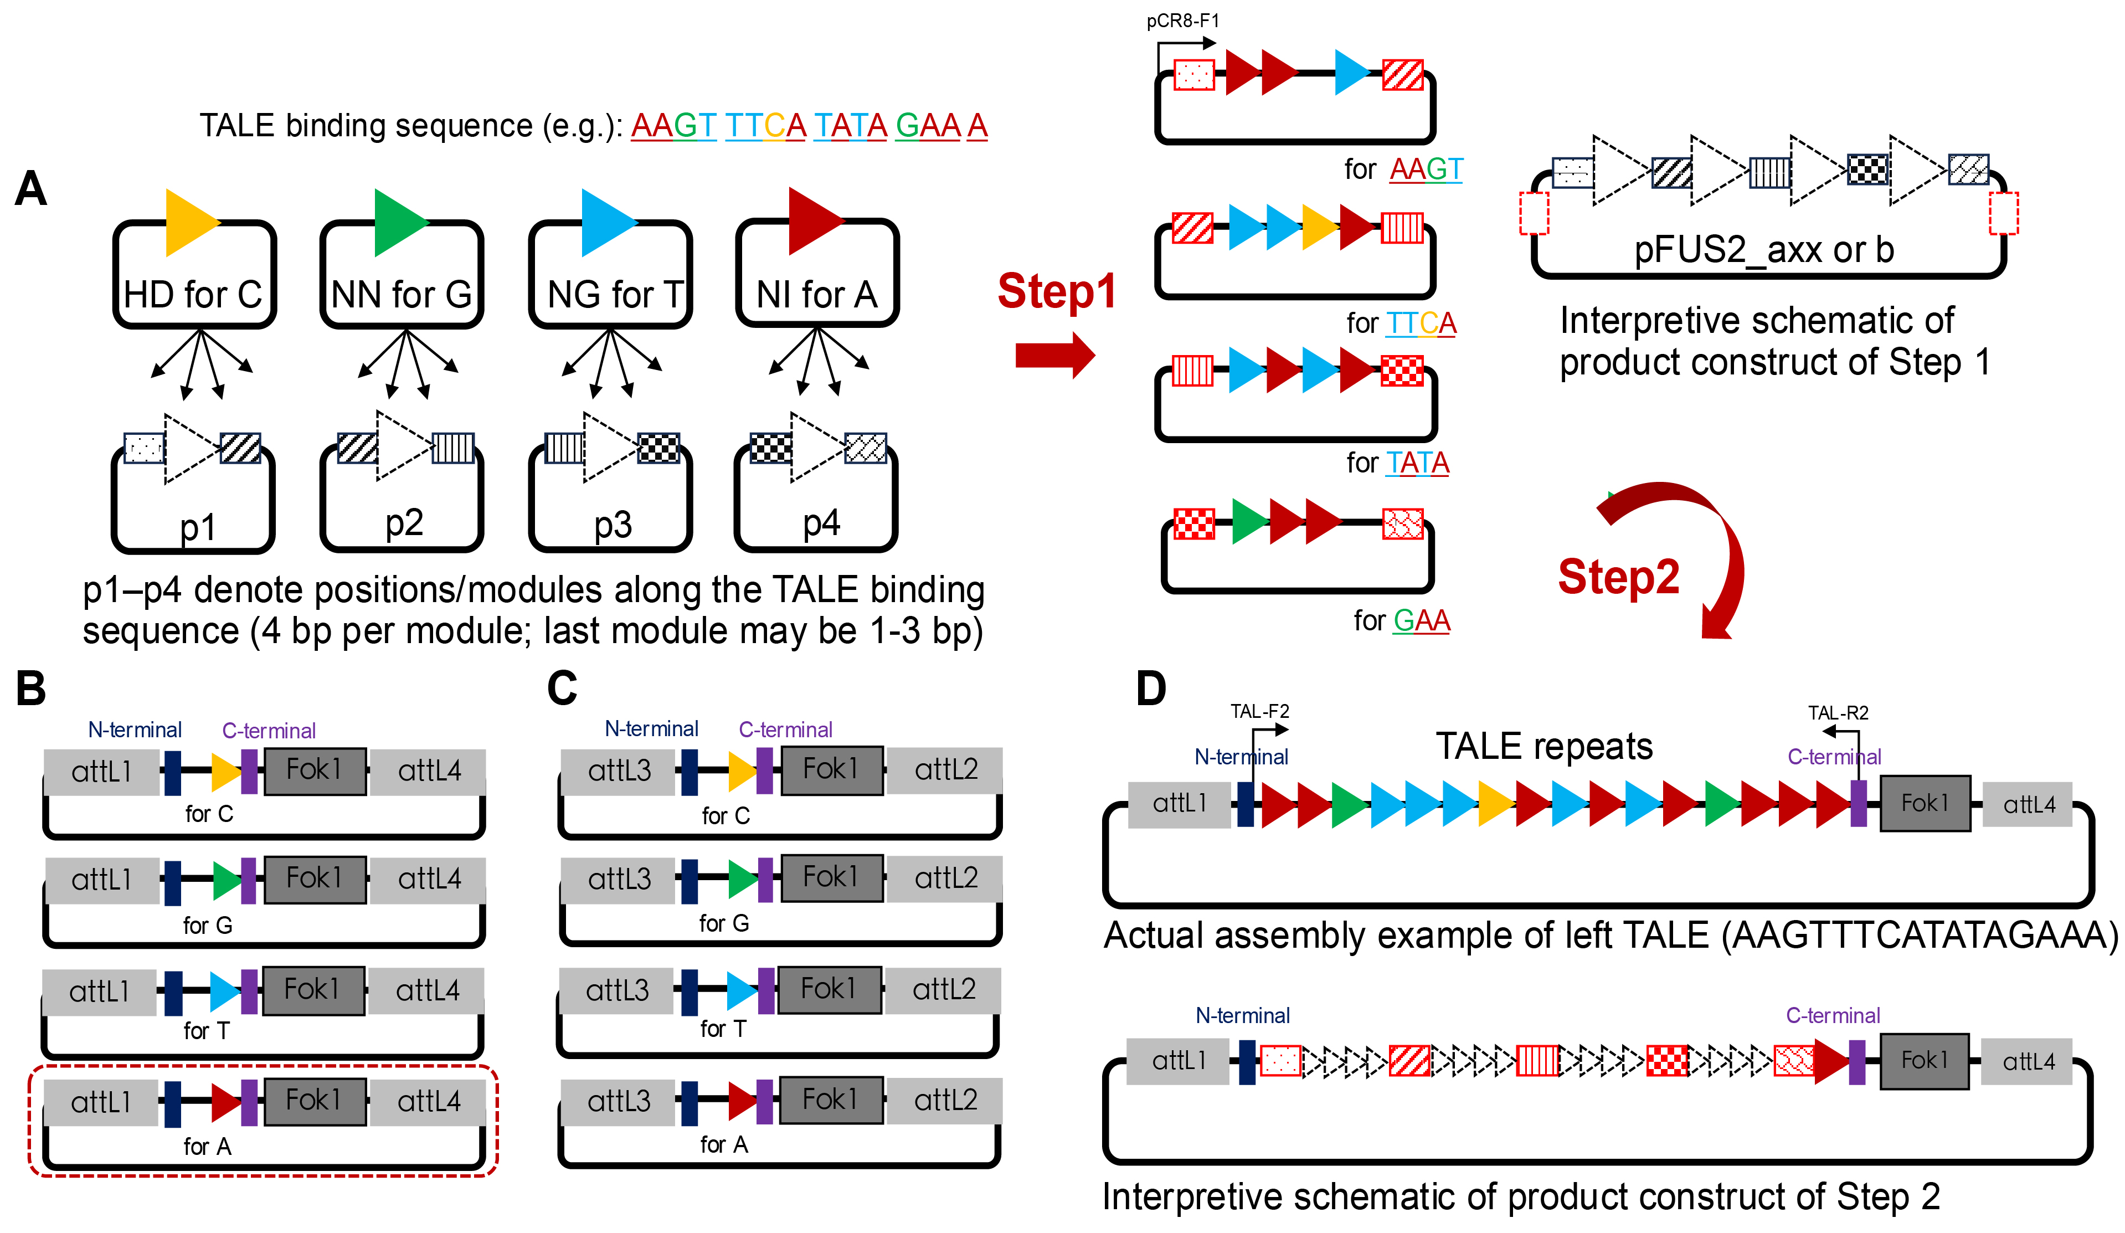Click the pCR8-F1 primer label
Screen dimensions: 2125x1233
click(x=1182, y=21)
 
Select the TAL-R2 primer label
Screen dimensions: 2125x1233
click(x=1838, y=713)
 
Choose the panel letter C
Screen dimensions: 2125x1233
click(x=563, y=688)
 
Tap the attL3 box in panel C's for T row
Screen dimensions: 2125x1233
click(x=616, y=990)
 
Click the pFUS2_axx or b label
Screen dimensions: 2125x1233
click(x=1764, y=250)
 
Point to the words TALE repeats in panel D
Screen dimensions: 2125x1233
click(x=1544, y=746)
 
